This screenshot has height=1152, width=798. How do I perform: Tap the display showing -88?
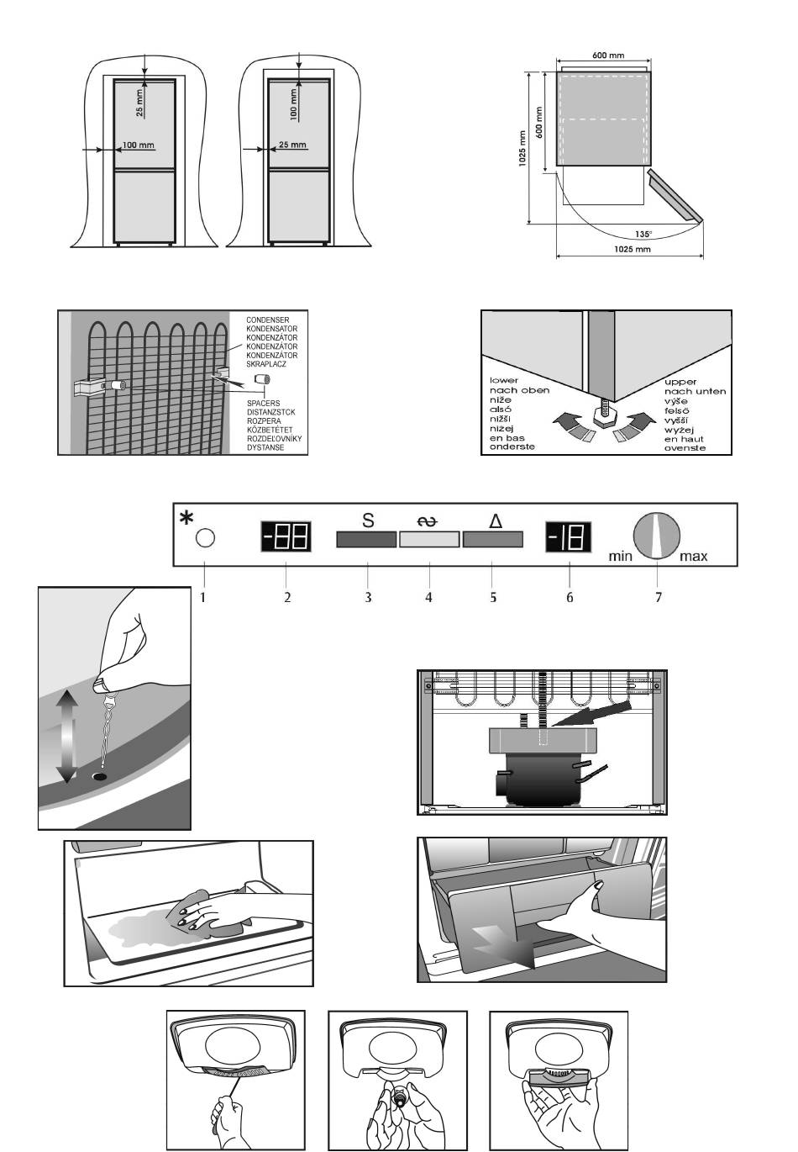(286, 536)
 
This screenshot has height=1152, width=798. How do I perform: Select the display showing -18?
(569, 536)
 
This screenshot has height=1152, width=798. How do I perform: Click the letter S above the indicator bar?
(368, 521)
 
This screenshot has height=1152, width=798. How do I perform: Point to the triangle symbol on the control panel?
(495, 521)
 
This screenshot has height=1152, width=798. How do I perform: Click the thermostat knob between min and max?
(657, 536)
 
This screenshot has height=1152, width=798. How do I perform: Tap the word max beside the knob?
(694, 556)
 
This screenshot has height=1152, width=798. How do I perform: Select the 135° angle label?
(644, 235)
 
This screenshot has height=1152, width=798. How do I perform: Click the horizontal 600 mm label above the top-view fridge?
(608, 55)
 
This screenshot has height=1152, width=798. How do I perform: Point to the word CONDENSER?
(268, 320)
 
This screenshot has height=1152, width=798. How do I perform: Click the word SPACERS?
(263, 404)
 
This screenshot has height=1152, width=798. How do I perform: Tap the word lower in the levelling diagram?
(504, 381)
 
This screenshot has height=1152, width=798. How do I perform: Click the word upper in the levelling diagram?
(681, 381)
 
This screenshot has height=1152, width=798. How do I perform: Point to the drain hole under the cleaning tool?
(101, 776)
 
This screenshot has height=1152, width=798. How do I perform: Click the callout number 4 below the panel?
(429, 597)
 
